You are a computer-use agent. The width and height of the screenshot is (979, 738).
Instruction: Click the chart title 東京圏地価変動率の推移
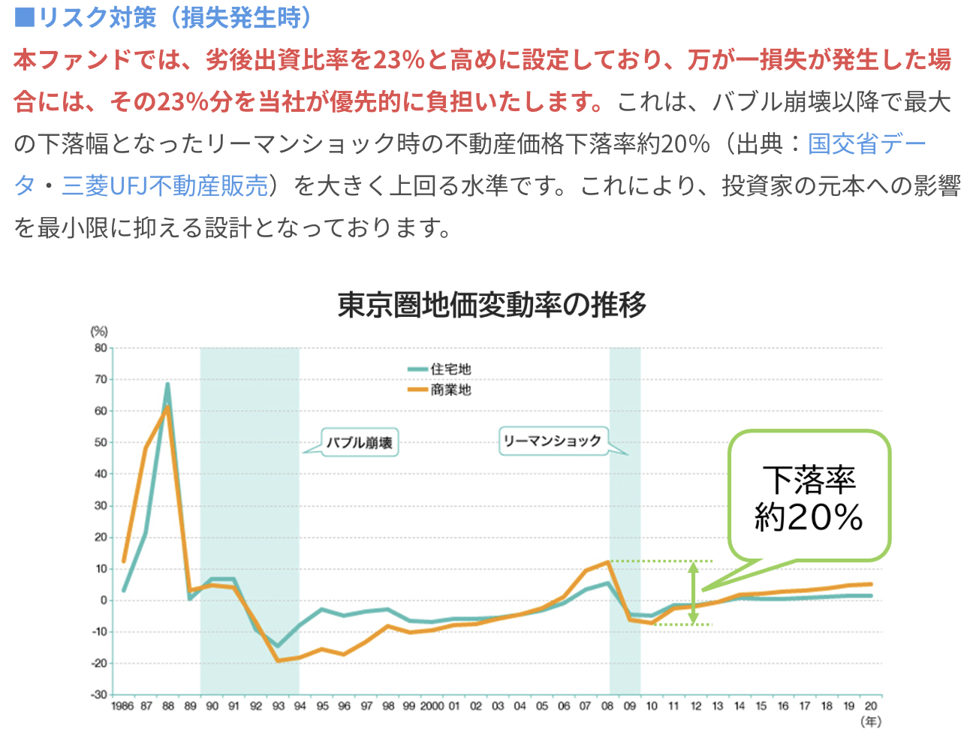point(492,305)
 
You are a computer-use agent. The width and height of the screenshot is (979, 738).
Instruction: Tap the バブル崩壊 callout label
point(359,443)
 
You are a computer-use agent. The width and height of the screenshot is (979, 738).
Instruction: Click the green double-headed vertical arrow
point(693,593)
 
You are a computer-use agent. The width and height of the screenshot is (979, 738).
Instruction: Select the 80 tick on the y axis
point(101,348)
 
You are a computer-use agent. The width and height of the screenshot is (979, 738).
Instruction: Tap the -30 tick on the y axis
point(99,694)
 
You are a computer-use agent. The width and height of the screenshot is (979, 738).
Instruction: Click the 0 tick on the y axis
point(104,600)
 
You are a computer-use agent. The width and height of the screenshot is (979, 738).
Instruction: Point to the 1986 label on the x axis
point(122,706)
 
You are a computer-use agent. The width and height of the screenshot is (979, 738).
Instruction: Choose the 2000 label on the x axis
point(432,706)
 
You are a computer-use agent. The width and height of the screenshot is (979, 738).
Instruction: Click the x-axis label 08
point(607,706)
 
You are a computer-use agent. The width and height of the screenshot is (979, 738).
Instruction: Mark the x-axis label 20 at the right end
point(871,706)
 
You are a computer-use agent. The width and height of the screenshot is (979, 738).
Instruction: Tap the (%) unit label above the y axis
point(99,331)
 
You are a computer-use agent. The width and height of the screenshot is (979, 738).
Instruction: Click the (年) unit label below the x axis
point(870,721)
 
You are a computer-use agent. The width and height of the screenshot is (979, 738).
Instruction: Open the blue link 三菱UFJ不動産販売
point(164,185)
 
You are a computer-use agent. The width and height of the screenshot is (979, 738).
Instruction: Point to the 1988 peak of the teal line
point(167,384)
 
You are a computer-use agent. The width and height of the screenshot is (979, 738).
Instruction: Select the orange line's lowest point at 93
point(278,661)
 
